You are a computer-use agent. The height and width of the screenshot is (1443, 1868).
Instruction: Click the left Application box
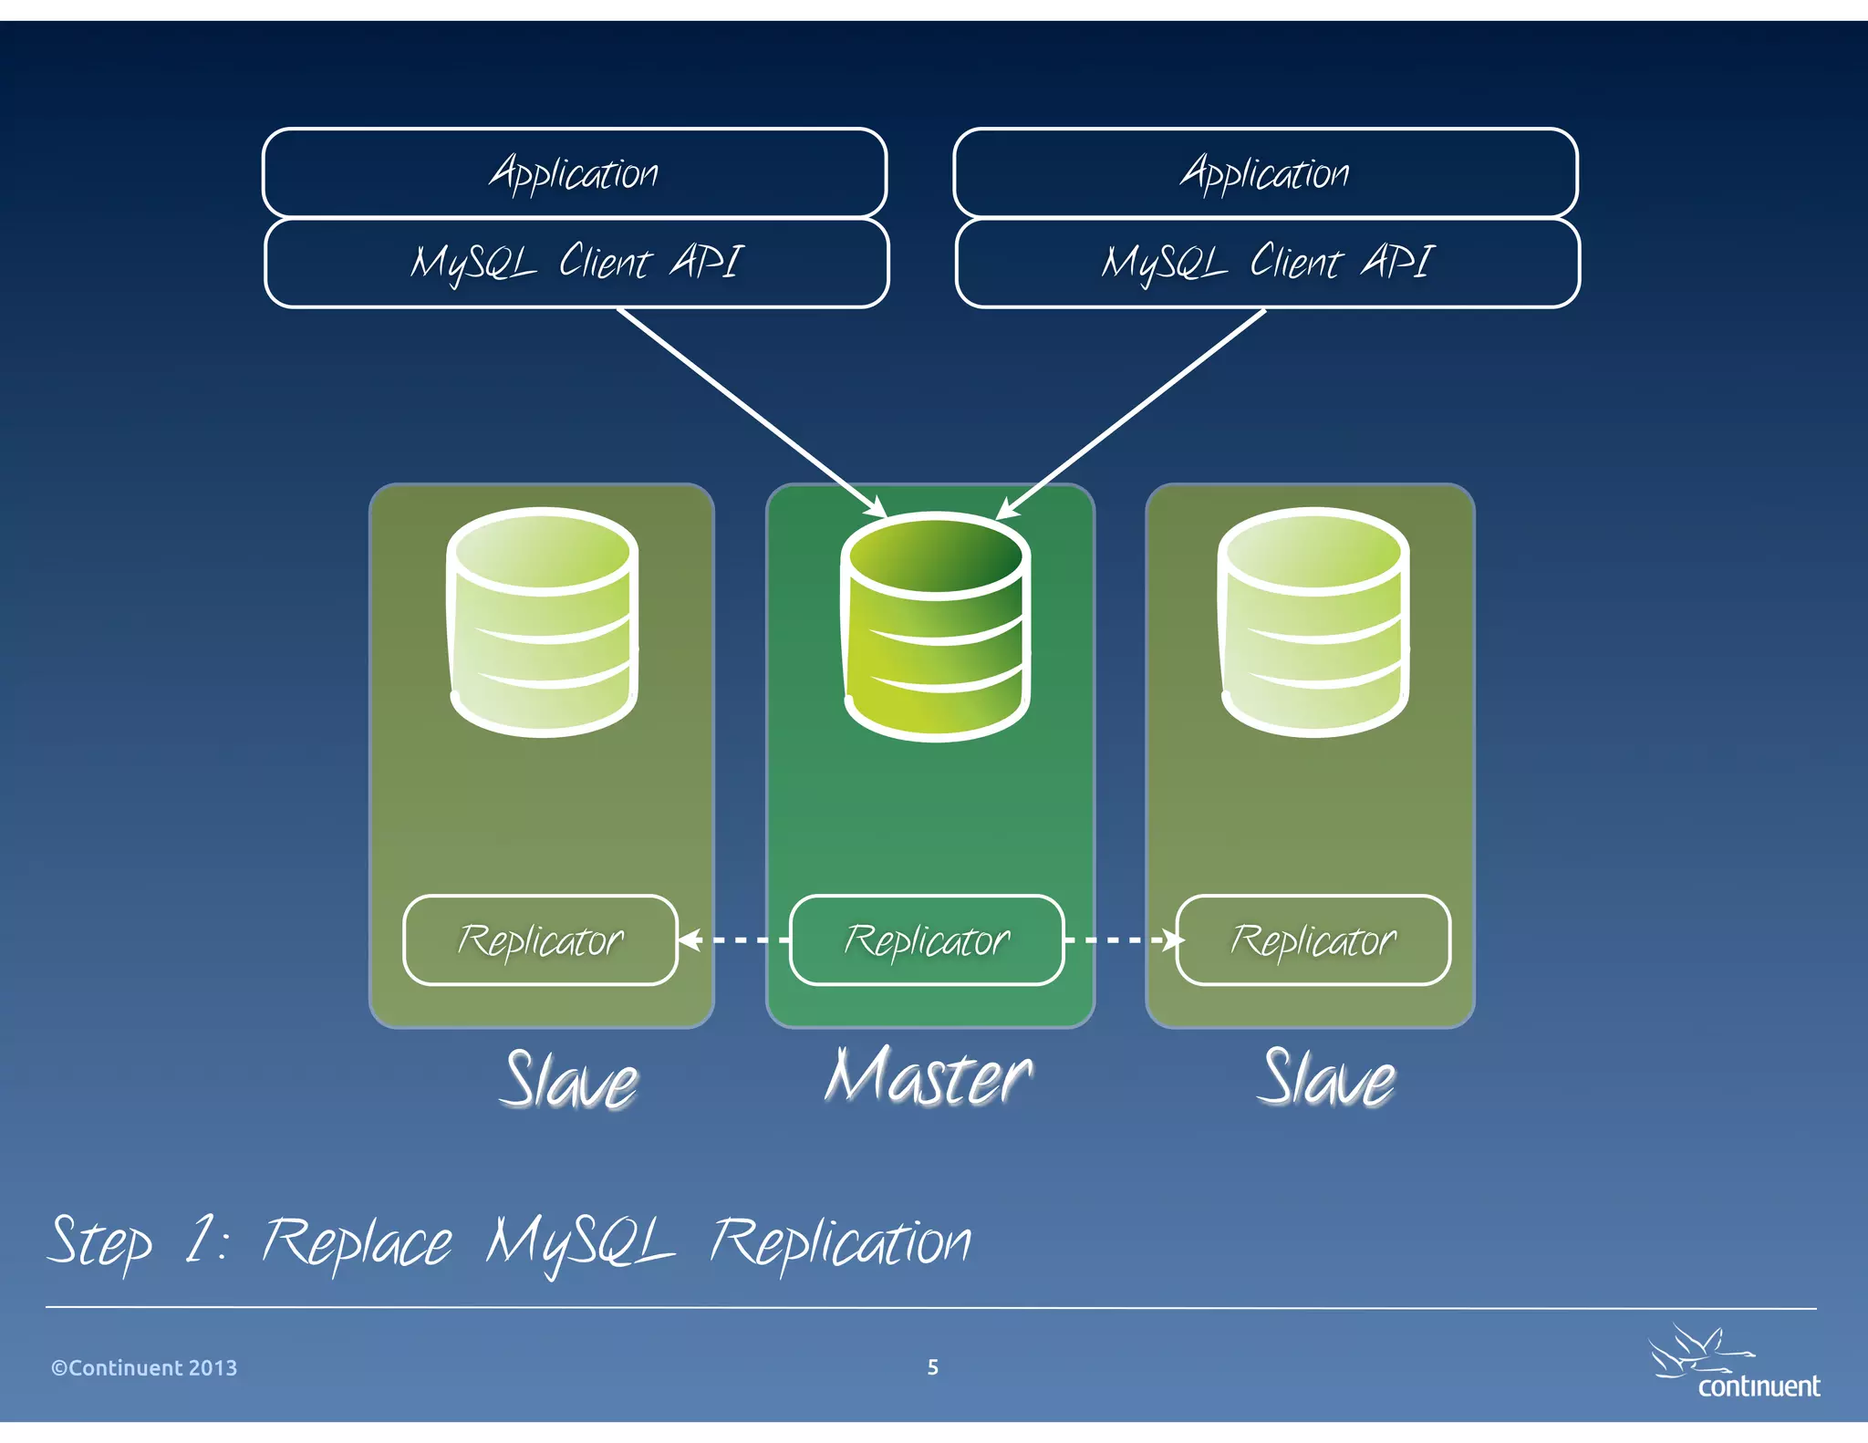click(575, 172)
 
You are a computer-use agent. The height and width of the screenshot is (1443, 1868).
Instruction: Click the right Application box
click(1265, 172)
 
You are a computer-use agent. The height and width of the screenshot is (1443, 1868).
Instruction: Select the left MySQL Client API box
click(576, 263)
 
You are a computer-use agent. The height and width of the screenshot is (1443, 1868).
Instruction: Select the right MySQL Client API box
click(1267, 263)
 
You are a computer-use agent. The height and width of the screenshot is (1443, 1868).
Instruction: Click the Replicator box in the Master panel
click(927, 940)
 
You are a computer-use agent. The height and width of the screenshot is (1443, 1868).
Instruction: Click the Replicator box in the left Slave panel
click(541, 940)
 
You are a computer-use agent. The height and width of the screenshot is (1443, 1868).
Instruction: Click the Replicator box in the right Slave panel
click(1313, 940)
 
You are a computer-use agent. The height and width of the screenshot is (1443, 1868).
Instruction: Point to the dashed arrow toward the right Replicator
click(1122, 940)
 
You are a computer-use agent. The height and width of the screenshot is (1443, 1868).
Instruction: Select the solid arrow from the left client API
click(752, 412)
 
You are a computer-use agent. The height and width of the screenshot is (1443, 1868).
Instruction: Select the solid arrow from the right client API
click(1131, 412)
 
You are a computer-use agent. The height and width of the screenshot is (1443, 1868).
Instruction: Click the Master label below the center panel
click(929, 1078)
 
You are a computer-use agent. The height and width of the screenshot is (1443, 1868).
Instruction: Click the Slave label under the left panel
click(571, 1081)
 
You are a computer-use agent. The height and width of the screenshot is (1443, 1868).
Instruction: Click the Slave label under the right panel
click(1328, 1079)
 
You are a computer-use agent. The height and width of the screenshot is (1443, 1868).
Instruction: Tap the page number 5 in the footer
click(932, 1366)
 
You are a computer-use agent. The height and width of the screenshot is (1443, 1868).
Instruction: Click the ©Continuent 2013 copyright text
click(144, 1367)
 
